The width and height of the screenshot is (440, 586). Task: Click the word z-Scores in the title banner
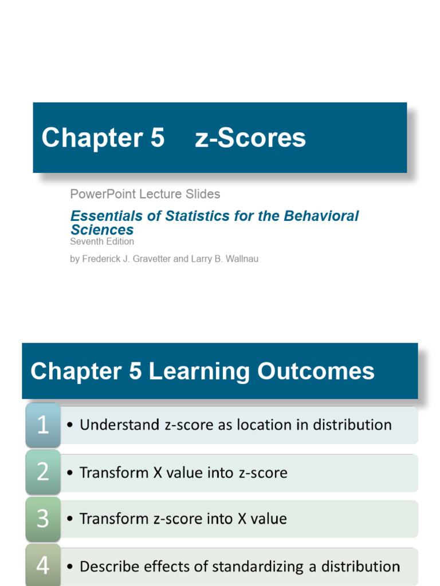pyautogui.click(x=250, y=138)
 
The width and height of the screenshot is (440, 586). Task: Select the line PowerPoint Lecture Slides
pyautogui.click(x=145, y=194)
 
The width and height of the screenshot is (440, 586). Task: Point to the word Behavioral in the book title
pyautogui.click(x=323, y=216)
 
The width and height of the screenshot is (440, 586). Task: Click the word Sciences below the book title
pyautogui.click(x=102, y=230)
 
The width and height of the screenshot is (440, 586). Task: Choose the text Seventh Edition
pyautogui.click(x=102, y=241)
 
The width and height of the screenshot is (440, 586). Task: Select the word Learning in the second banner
pyautogui.click(x=199, y=371)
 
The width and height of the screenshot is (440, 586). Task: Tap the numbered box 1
pyautogui.click(x=43, y=425)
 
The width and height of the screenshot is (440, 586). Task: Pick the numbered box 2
pyautogui.click(x=43, y=472)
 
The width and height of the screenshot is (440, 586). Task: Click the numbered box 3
pyautogui.click(x=43, y=519)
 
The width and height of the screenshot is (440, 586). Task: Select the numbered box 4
pyautogui.click(x=43, y=565)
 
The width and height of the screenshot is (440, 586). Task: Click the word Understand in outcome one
pyautogui.click(x=112, y=425)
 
